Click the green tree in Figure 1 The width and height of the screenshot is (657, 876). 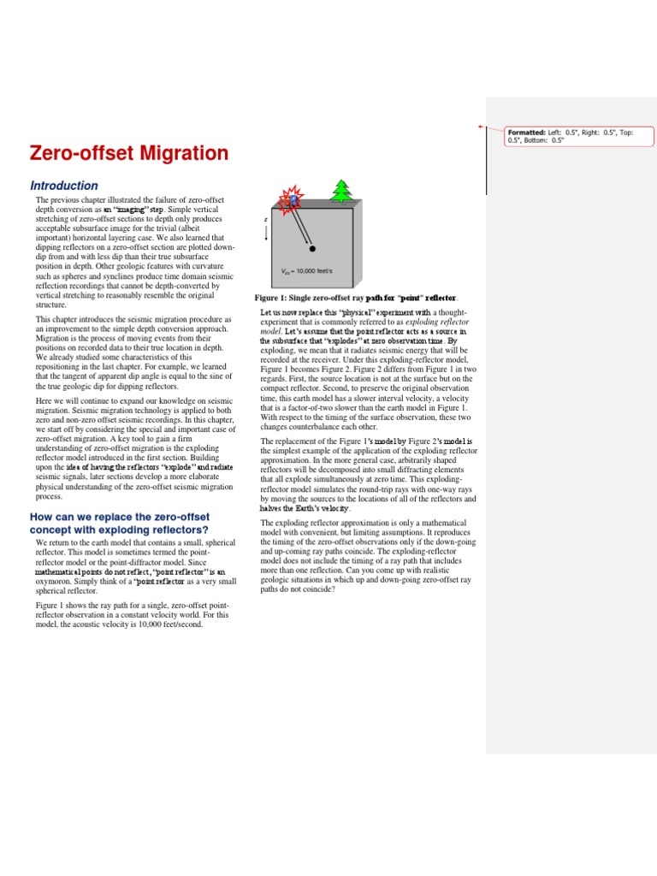pos(343,192)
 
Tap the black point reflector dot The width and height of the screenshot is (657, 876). pos(313,249)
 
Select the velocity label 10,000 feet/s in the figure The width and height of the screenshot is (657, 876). pos(312,270)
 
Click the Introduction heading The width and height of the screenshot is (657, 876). pos(64,186)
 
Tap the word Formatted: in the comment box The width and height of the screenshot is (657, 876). pos(526,133)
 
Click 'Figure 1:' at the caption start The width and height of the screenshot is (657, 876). pos(274,298)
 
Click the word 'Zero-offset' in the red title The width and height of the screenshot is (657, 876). pos(77,154)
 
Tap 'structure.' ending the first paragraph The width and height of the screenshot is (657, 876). pos(51,305)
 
